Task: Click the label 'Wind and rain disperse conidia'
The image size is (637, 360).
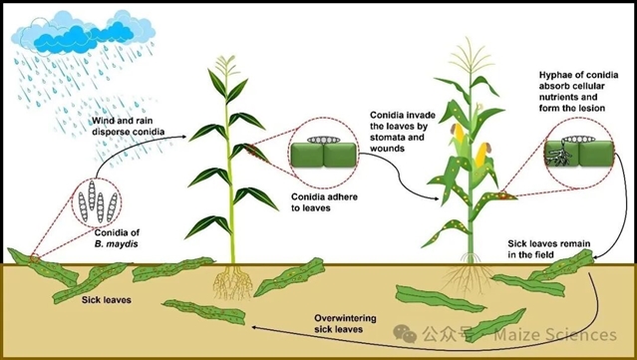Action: tap(128, 126)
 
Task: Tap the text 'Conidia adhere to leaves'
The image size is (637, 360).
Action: tap(324, 202)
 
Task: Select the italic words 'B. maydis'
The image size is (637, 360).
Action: tap(117, 244)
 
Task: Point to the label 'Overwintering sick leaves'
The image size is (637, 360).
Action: tap(345, 323)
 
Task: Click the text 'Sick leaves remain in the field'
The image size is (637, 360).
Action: tap(549, 249)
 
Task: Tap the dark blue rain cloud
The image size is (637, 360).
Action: tap(84, 37)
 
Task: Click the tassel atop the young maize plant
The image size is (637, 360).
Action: tap(226, 65)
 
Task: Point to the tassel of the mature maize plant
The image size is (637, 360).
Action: tap(471, 56)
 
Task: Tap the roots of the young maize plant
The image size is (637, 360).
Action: tap(232, 281)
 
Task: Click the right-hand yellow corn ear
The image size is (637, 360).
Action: tap(482, 155)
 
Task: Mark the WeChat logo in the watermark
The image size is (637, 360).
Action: tap(405, 334)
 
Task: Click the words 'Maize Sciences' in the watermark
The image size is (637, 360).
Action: tap(555, 334)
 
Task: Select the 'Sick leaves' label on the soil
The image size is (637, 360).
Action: tap(107, 300)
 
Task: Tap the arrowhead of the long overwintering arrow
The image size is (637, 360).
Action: tap(254, 327)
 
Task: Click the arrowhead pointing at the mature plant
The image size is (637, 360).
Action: tap(436, 198)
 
